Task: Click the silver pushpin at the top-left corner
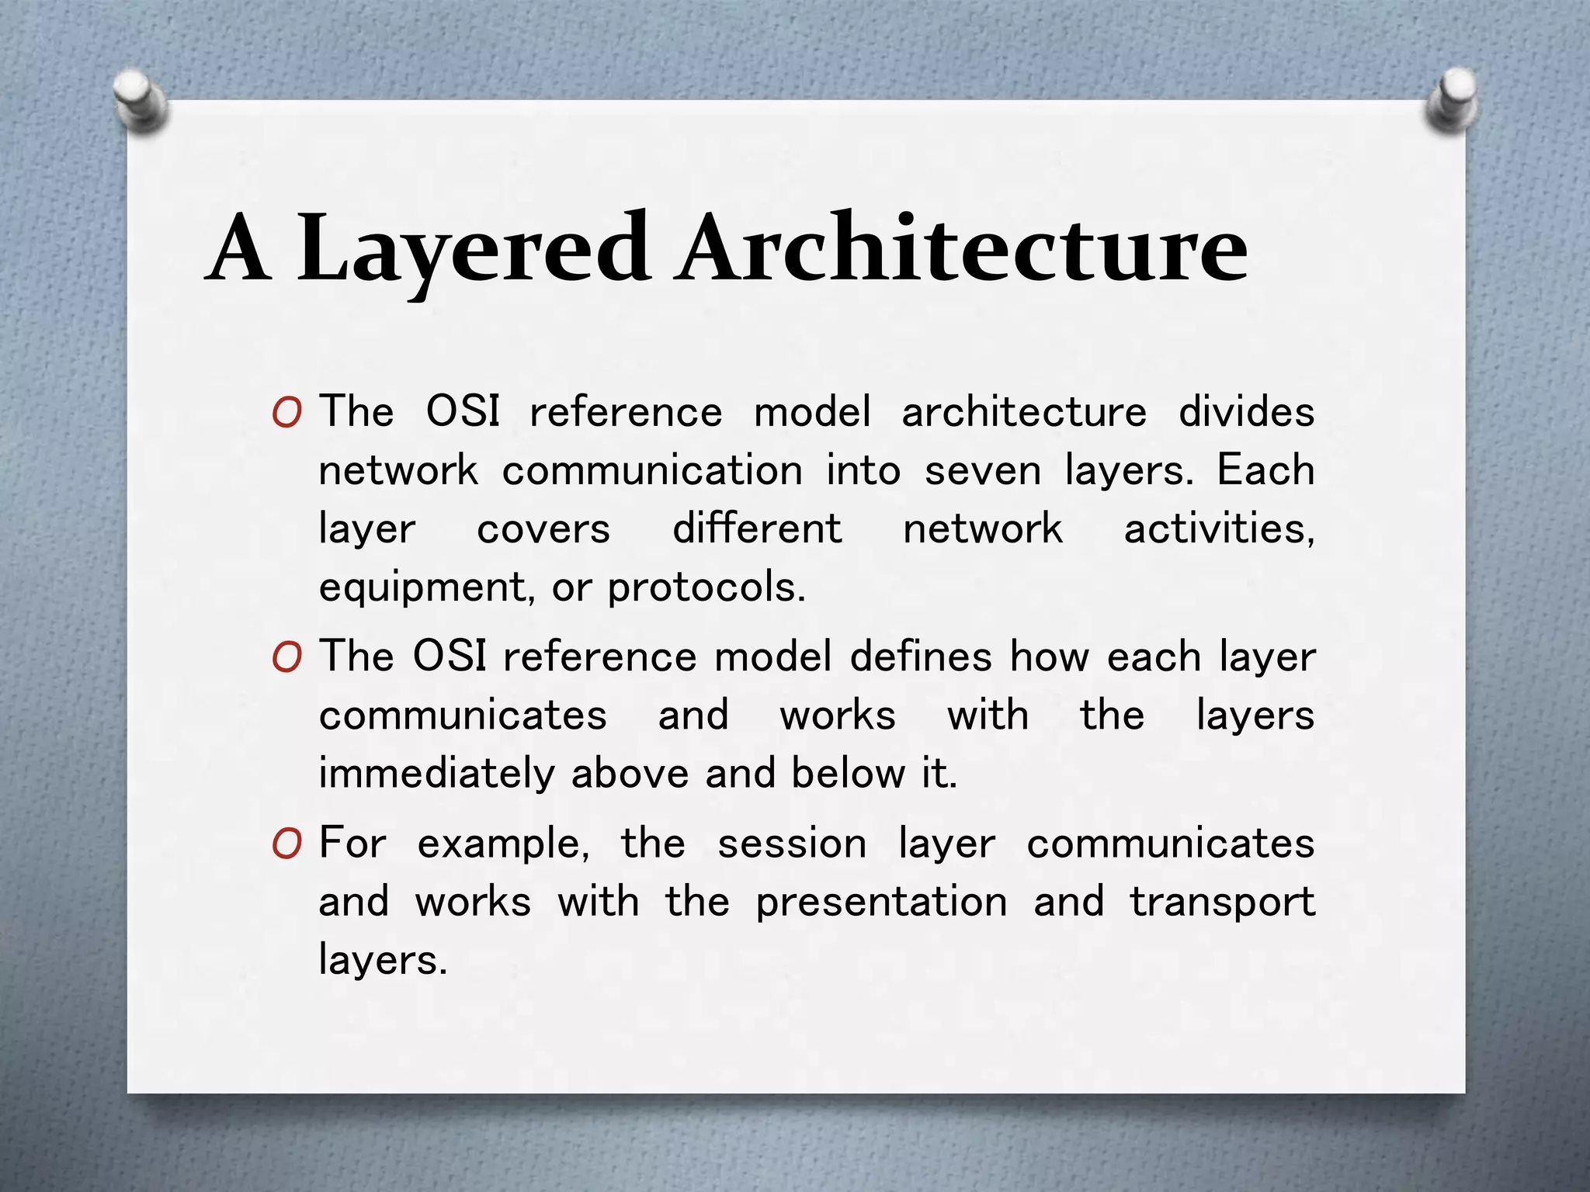[139, 101]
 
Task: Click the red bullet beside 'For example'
[286, 844]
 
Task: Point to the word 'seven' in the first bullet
[982, 471]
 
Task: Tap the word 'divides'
[1246, 412]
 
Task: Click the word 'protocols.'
[706, 587]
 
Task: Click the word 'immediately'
[437, 774]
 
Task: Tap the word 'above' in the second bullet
[630, 774]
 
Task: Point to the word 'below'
[849, 774]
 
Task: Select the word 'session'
[792, 844]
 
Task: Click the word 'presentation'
[882, 903]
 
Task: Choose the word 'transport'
[1222, 903]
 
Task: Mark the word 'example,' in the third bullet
[504, 844]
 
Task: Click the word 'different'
[757, 529]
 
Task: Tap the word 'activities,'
[1219, 529]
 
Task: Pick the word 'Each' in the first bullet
[1265, 470]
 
